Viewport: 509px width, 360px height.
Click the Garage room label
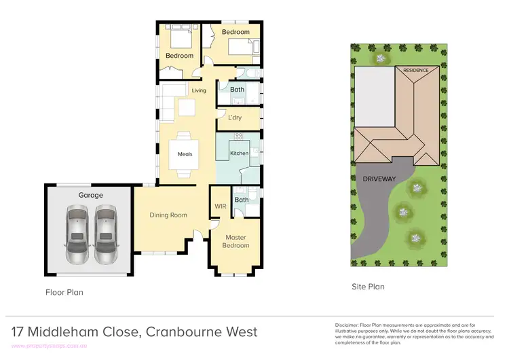90,195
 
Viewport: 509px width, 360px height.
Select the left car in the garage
77,236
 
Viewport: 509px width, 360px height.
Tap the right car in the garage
105,236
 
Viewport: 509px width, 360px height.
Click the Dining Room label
168,215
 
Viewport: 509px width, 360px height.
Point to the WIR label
220,206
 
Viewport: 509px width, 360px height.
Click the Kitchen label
239,154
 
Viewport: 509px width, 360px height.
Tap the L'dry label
235,118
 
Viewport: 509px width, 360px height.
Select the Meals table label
185,154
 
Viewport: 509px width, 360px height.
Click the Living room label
198,90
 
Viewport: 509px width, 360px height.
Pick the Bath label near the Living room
237,90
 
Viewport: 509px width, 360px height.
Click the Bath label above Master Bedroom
242,200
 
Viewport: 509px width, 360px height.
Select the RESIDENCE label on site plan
417,71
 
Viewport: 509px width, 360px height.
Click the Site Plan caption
367,287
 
